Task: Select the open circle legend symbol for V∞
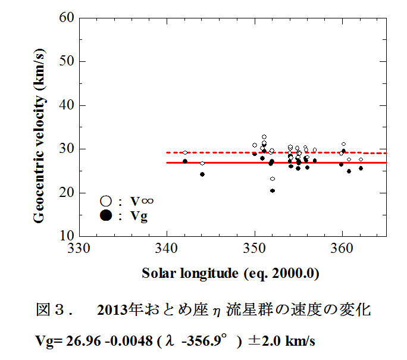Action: click(x=107, y=202)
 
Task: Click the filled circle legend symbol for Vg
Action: click(x=107, y=215)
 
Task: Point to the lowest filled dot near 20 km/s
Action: click(x=273, y=191)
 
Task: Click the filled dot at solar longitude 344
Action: click(x=202, y=174)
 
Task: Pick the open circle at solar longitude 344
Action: click(x=202, y=163)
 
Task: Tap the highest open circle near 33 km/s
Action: click(x=264, y=137)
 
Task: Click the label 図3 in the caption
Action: click(x=50, y=311)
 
